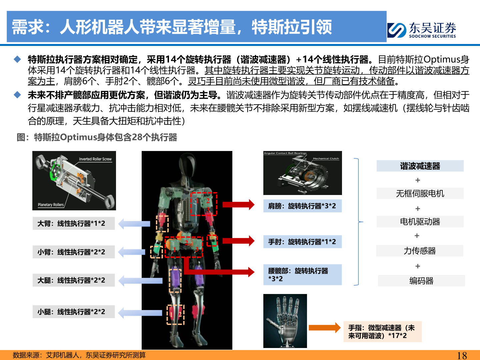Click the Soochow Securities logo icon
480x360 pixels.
click(397, 30)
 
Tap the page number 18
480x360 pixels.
click(462, 355)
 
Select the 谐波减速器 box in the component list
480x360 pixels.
click(420, 166)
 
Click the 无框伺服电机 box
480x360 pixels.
click(420, 193)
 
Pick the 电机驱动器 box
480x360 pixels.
click(420, 222)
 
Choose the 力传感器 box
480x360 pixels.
click(420, 251)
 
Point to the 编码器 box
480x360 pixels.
click(421, 281)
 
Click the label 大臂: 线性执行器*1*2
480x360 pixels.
click(74, 223)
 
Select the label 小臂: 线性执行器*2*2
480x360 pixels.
click(74, 252)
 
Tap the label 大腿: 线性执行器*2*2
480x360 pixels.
click(74, 280)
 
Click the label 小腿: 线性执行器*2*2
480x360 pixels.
click(74, 312)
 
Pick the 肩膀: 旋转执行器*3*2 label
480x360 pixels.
click(302, 206)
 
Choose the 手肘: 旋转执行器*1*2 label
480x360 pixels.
click(302, 242)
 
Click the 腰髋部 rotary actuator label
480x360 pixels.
click(302, 275)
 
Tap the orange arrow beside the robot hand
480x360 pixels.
click(324, 328)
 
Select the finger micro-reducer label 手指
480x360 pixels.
click(382, 332)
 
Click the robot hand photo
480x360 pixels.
click(285, 321)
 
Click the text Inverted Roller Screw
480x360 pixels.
click(95, 159)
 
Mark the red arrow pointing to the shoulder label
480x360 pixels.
click(238, 204)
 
